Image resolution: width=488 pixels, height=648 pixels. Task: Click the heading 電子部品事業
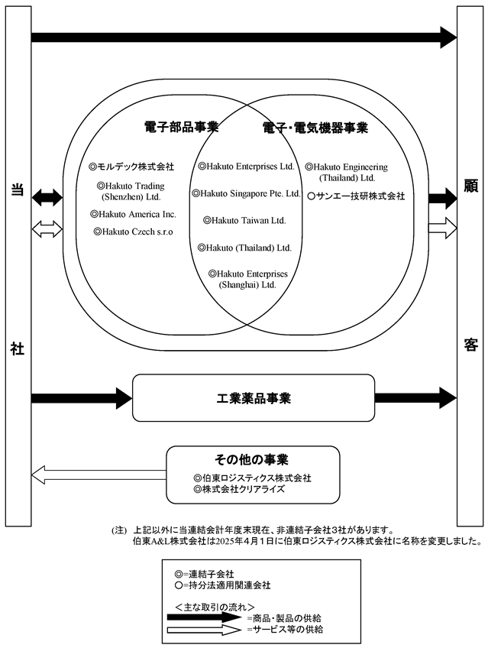[181, 127]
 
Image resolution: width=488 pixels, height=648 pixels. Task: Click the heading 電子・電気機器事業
[315, 128]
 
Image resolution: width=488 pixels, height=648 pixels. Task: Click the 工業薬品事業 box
[254, 398]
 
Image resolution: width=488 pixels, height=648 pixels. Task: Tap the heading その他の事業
[251, 459]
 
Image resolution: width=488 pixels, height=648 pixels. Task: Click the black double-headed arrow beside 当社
[47, 198]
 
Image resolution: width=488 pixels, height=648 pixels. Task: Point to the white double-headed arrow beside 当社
[47, 228]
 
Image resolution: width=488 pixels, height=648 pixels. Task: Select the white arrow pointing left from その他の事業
[99, 475]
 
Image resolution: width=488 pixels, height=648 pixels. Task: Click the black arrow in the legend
[204, 617]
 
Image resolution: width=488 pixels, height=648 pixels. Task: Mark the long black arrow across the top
[244, 37]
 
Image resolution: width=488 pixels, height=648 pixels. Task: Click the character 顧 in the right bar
[470, 186]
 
